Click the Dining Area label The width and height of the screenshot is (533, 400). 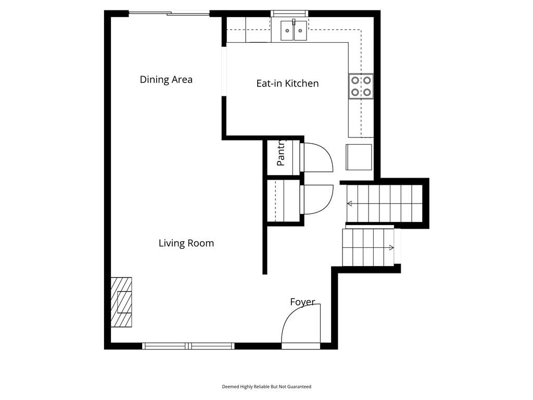click(x=166, y=80)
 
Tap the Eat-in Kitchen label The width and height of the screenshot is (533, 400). click(x=287, y=83)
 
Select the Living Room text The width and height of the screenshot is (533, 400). click(x=186, y=243)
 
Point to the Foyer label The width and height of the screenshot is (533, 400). click(x=302, y=302)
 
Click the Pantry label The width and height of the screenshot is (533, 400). click(x=281, y=153)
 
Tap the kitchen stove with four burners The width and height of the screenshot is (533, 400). click(x=361, y=86)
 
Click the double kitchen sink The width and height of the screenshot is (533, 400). click(x=294, y=30)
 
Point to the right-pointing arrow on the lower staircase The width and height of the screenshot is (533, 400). click(x=391, y=247)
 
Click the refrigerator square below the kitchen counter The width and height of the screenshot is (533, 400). click(x=359, y=157)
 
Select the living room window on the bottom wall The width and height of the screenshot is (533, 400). click(x=188, y=346)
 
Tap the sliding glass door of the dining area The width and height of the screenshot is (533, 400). click(x=169, y=14)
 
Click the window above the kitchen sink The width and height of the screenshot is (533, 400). click(x=289, y=14)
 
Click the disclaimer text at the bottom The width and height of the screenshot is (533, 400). click(x=266, y=387)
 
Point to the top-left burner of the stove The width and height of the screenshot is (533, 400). click(x=355, y=81)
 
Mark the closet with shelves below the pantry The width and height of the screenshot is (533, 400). click(x=284, y=201)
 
